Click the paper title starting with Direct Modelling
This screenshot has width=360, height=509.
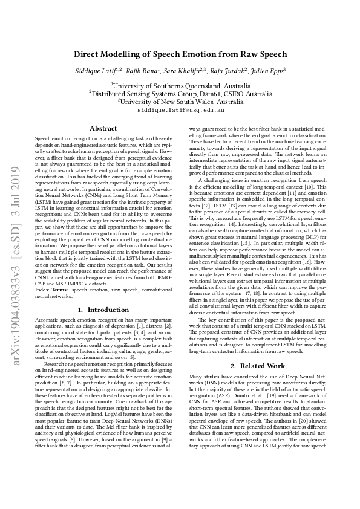click(180, 54)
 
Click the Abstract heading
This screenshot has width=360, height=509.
click(103, 128)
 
